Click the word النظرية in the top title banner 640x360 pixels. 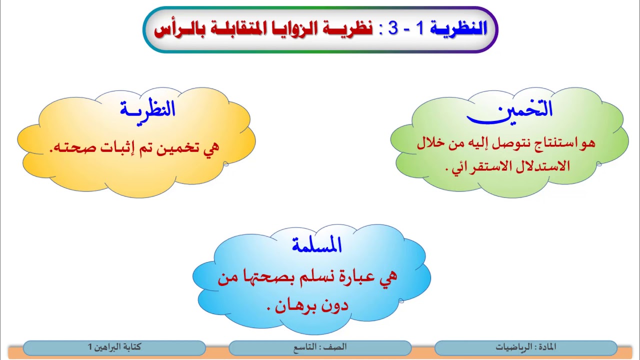point(459,29)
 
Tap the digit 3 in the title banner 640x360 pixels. point(393,29)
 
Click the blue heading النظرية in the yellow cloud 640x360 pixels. point(147,109)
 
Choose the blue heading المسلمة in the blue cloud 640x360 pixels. point(317,245)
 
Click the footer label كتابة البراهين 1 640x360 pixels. point(114,347)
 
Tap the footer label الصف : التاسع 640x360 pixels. point(320,347)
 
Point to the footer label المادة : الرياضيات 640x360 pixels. point(525,347)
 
